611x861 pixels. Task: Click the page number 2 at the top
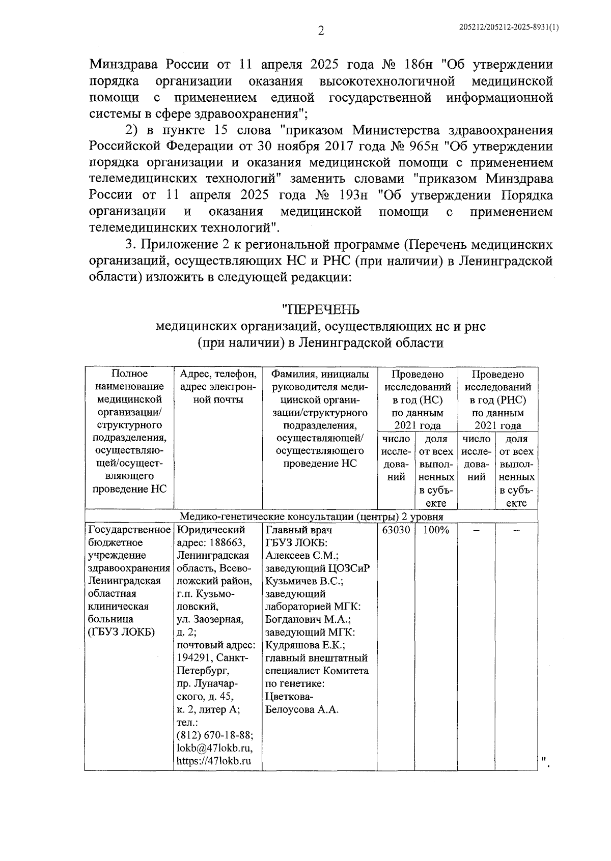pos(321,32)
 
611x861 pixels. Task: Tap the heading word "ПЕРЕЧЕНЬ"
pos(321,309)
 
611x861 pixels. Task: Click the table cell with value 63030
pos(396,530)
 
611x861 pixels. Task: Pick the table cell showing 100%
pos(436,530)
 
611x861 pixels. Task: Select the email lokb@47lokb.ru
pos(214,749)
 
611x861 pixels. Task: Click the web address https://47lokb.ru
pos(214,761)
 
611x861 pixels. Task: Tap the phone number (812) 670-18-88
pos(215,736)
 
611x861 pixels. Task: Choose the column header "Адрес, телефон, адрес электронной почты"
pos(218,387)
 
